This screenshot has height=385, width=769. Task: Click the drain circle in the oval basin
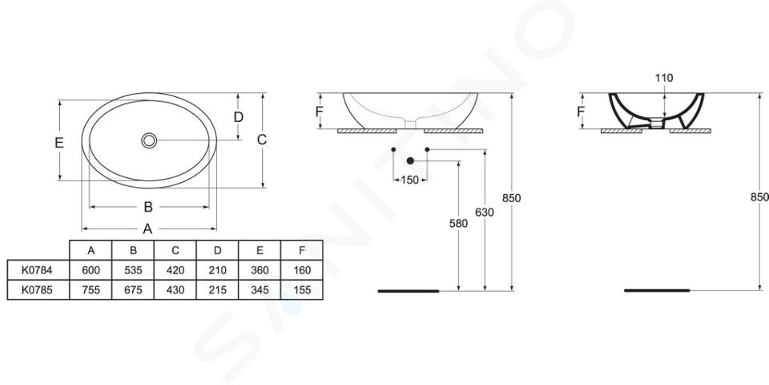tap(149, 140)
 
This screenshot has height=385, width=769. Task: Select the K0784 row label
tap(37, 269)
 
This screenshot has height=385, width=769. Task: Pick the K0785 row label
tap(37, 290)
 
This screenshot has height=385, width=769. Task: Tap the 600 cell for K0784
tap(91, 269)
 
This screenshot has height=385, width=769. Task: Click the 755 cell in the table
tap(91, 290)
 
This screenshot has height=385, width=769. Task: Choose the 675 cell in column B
tap(133, 290)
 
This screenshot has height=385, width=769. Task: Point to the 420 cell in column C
tap(175, 269)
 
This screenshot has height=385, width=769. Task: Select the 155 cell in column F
tap(302, 290)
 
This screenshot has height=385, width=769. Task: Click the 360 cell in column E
tap(260, 269)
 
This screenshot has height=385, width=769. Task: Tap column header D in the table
tap(217, 250)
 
